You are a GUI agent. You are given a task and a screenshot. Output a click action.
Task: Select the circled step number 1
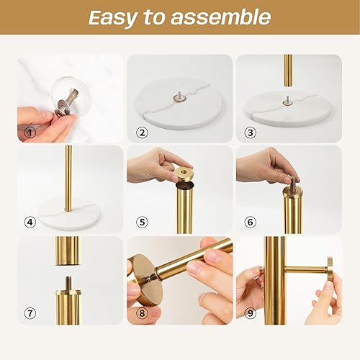coord(30,132)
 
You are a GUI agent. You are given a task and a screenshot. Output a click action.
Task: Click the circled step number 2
coord(141,132)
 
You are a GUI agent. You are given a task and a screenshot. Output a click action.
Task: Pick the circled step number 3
coord(251,132)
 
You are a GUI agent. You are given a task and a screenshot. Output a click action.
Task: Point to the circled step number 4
coord(30,222)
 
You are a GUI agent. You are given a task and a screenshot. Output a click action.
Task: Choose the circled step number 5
coord(141,222)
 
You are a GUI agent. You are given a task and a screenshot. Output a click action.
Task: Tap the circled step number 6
coord(251,222)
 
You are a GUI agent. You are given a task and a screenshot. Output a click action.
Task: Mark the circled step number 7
coord(30,314)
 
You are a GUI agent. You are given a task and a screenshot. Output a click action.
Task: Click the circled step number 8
coord(141,314)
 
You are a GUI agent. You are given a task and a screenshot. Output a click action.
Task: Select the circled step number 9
coord(251,314)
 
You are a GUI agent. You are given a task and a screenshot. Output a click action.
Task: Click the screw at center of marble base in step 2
coord(178,93)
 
